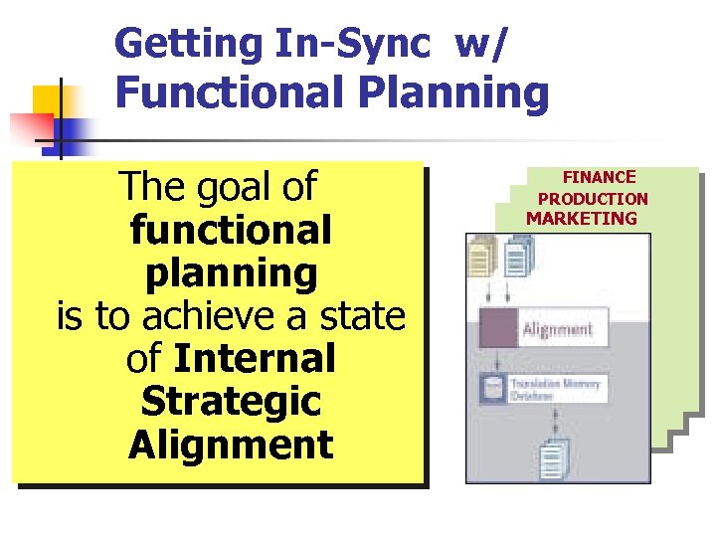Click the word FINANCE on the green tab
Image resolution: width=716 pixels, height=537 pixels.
tap(599, 177)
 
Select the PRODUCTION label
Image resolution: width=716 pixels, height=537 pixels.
tap(593, 199)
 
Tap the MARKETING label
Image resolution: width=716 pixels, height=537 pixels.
tap(582, 219)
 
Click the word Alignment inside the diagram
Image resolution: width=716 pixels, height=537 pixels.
tap(558, 329)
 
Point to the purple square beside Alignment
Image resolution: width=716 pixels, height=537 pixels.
tap(496, 328)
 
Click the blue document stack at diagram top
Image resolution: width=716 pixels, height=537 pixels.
tap(517, 258)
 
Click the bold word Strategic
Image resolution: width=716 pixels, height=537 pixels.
tap(231, 402)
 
